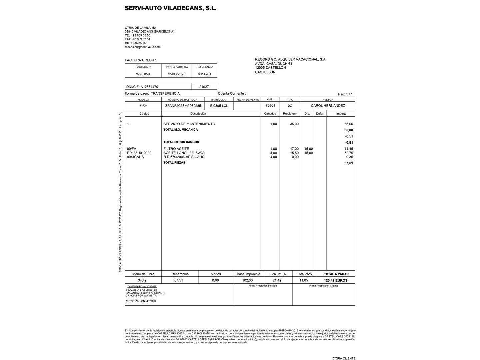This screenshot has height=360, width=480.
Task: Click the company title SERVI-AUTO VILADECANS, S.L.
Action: (x=170, y=8)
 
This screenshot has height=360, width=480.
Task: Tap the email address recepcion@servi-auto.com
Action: (x=143, y=47)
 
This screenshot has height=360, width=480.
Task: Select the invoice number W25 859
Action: (x=143, y=74)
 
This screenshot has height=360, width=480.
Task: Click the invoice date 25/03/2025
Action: (x=177, y=74)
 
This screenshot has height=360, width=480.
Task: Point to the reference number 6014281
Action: (x=204, y=74)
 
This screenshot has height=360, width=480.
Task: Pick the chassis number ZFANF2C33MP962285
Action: (x=183, y=106)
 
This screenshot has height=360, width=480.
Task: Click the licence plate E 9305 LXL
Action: (x=219, y=106)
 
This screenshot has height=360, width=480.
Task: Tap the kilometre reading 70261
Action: (x=270, y=105)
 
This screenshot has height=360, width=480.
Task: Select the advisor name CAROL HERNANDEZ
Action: (x=328, y=106)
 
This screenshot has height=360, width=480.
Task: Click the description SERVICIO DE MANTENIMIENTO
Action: (x=189, y=124)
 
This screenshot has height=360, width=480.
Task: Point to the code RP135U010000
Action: (x=139, y=153)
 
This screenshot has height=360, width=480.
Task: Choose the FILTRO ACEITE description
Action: (x=176, y=149)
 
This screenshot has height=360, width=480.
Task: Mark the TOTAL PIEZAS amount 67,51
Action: (x=348, y=163)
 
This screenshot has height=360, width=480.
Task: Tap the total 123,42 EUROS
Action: (x=335, y=280)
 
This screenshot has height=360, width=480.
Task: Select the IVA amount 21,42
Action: (x=277, y=280)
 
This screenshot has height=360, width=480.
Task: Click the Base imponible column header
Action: (x=248, y=274)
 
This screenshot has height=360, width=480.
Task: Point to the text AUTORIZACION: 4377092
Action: (x=141, y=301)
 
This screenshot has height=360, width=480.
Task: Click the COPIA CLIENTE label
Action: (x=344, y=358)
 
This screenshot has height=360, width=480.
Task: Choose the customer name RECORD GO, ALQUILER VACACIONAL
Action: (x=290, y=59)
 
